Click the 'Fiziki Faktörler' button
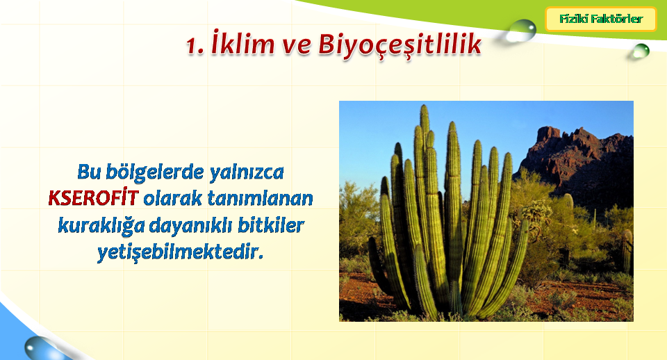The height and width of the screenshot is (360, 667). [600, 19]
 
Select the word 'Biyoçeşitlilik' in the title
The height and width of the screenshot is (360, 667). [400, 44]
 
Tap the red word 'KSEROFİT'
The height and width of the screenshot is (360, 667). [94, 198]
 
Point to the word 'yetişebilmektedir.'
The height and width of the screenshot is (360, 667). [181, 252]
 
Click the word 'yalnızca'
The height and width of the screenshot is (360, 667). [246, 172]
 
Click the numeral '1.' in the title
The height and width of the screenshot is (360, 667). [196, 46]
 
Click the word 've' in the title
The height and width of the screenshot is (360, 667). [297, 46]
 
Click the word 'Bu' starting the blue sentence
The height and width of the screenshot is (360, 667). [89, 172]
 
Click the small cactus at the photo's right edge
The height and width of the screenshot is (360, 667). [627, 251]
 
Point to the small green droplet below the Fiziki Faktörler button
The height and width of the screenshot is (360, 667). [640, 51]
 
